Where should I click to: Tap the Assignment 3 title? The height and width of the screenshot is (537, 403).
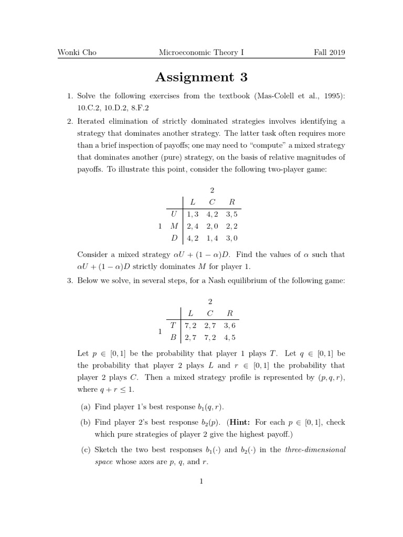[x=201, y=78]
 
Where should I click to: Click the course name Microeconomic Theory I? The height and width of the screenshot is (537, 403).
[x=201, y=53]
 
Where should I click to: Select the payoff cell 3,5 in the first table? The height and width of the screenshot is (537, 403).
[x=231, y=214]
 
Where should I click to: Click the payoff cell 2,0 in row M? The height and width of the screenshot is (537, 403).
[x=213, y=226]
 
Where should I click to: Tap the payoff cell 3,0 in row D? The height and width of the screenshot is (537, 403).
[x=231, y=238]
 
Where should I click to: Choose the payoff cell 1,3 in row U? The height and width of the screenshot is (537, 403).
[x=193, y=214]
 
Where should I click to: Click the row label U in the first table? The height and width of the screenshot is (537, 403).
[x=174, y=214]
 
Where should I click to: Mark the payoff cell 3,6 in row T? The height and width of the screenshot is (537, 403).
[x=229, y=325]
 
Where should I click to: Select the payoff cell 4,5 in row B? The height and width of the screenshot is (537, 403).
[x=229, y=337]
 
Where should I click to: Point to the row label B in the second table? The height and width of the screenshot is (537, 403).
[x=173, y=337]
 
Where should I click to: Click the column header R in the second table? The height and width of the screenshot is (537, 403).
[x=229, y=313]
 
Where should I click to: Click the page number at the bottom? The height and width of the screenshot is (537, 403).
[x=201, y=481]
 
